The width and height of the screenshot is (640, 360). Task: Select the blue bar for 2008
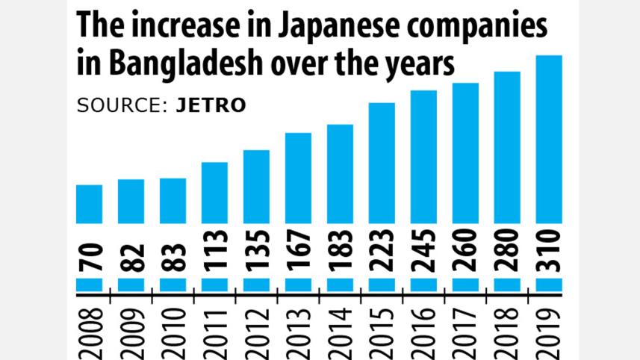pyautogui.click(x=90, y=204)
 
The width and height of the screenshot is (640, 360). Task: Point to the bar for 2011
pyautogui.click(x=214, y=193)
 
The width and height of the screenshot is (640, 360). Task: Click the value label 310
pyautogui.click(x=550, y=251)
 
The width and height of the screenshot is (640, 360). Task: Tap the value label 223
pyautogui.click(x=382, y=251)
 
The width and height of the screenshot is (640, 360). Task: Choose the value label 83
pyautogui.click(x=173, y=256)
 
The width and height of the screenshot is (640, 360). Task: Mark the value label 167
pyautogui.click(x=299, y=251)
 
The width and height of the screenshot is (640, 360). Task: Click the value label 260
pyautogui.click(x=466, y=251)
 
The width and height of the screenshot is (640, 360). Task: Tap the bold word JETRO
pyautogui.click(x=211, y=106)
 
